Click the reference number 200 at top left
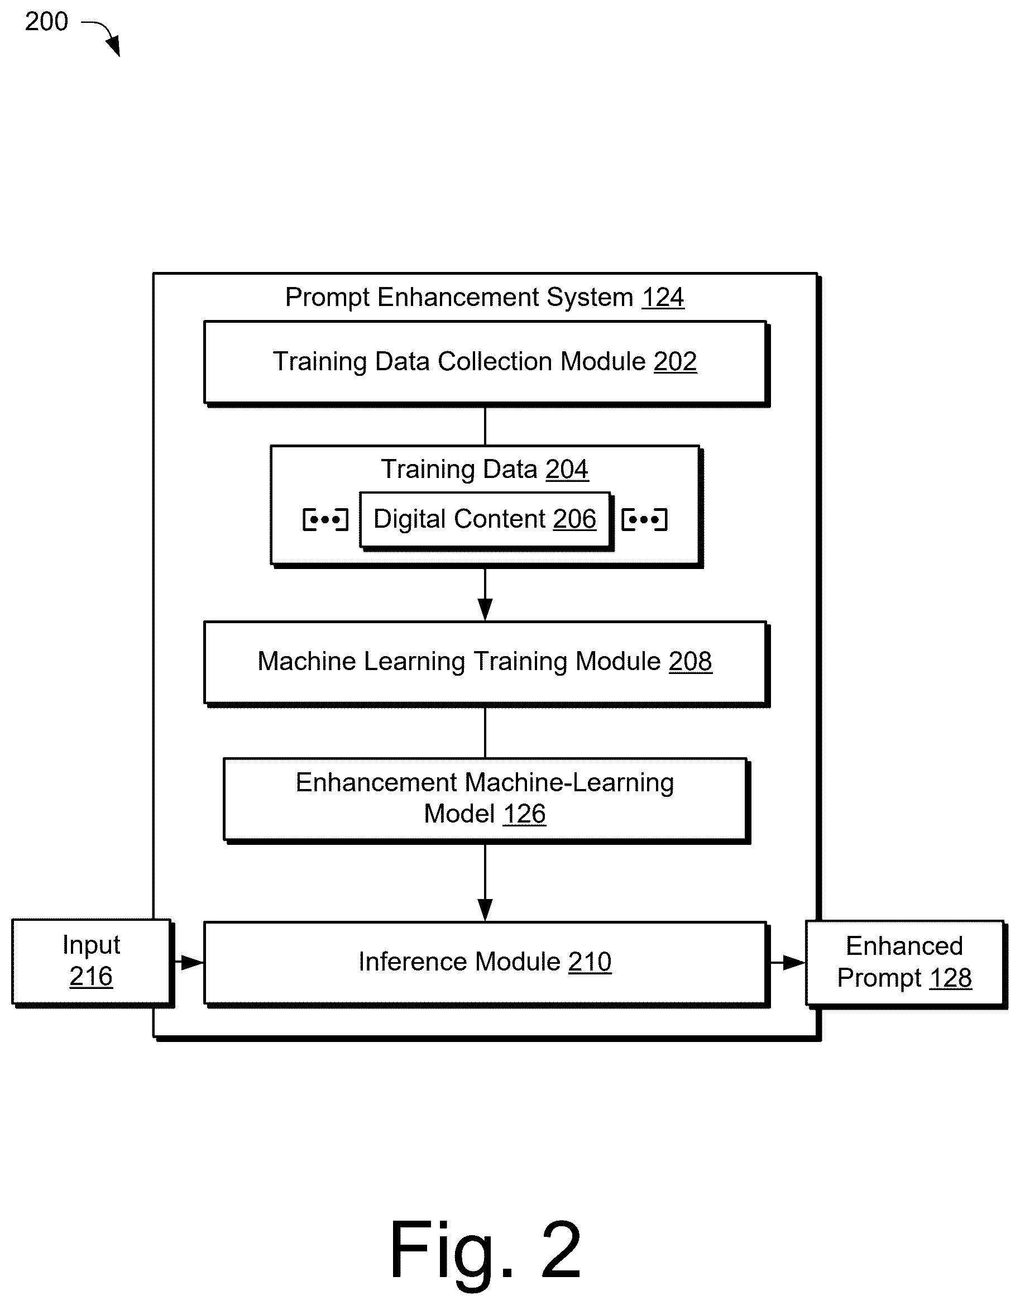[46, 22]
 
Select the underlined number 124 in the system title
[663, 297]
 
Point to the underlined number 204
[567, 469]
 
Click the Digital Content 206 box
[485, 519]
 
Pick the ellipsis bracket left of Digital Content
[325, 519]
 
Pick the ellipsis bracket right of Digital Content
[644, 519]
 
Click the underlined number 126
[524, 814]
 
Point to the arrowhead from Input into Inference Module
[193, 963]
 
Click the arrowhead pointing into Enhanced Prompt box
[794, 963]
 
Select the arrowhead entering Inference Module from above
[485, 911]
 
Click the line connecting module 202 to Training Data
[485, 426]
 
